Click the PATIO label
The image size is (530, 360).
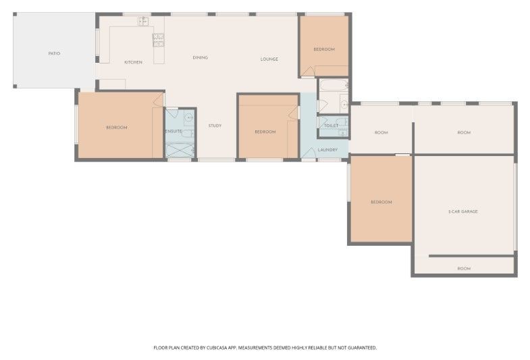54,53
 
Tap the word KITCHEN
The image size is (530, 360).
133,62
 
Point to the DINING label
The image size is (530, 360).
200,57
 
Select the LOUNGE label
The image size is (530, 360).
269,59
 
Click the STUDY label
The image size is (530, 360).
215,126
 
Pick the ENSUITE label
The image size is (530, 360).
174,131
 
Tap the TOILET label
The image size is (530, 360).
332,126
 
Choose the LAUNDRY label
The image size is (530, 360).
327,150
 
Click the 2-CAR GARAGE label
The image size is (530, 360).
462,211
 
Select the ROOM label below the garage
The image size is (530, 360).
464,269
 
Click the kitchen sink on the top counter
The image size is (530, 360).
143,22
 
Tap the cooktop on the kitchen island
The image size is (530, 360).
158,41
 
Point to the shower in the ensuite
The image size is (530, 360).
180,150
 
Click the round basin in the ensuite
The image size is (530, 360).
189,118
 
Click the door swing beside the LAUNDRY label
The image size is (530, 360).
309,153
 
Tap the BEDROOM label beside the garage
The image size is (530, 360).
381,202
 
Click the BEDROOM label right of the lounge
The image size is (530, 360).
324,49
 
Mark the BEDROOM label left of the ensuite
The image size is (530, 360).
117,128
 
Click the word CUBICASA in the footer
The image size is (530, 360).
217,347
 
